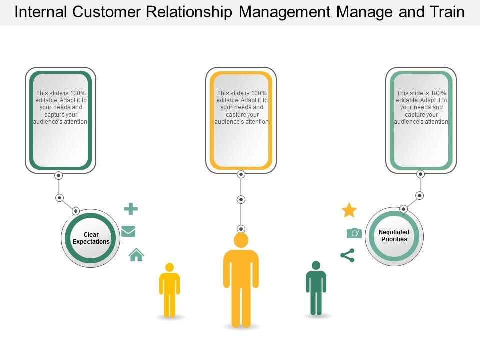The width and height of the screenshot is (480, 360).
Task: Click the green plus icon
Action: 131,209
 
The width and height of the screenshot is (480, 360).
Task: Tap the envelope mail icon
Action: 129,231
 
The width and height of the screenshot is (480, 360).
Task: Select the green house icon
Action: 136,255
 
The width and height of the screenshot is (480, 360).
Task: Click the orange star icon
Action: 349,210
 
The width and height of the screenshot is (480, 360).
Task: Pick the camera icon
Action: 354,233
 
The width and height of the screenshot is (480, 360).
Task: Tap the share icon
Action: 347,255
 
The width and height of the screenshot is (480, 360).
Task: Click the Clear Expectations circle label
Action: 91,238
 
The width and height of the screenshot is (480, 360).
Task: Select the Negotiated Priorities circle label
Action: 394,235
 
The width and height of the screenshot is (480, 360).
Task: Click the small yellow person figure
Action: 169,290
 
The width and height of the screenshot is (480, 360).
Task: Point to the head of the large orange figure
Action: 241,241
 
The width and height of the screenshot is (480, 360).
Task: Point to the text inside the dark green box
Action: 61,107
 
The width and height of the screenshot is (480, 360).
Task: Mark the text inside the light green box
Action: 421,107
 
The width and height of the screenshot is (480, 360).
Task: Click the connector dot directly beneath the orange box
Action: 241,174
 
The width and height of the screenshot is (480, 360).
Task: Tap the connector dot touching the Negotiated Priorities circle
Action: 404,209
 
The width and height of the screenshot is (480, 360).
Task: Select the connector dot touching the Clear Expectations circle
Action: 76,210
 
